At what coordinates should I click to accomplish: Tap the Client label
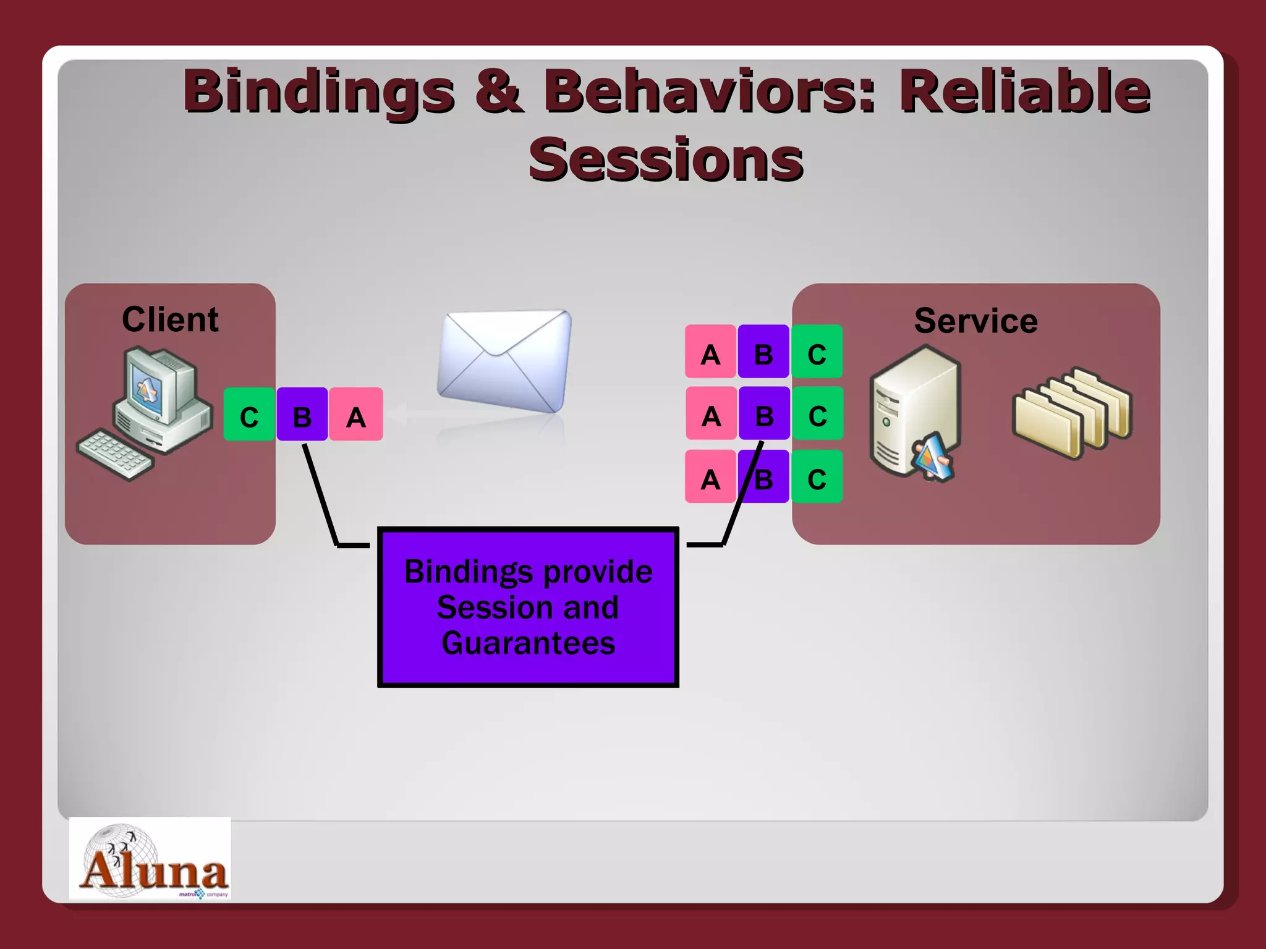point(170,319)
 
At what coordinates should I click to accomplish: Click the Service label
point(975,321)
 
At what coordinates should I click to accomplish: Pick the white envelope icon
point(504,360)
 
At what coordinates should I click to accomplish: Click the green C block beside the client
point(249,415)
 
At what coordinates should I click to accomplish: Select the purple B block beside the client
point(302,415)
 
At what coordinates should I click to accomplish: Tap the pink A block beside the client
point(356,415)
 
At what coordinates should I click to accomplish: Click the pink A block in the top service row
point(710,352)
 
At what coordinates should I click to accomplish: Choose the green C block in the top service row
point(817,352)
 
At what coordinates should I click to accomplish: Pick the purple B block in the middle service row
point(764,413)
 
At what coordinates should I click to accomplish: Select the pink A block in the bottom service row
point(710,476)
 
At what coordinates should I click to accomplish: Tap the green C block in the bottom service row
point(817,476)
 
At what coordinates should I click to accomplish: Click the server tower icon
point(914,411)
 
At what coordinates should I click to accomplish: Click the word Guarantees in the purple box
point(528,643)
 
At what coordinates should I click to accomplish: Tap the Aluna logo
point(150,859)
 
